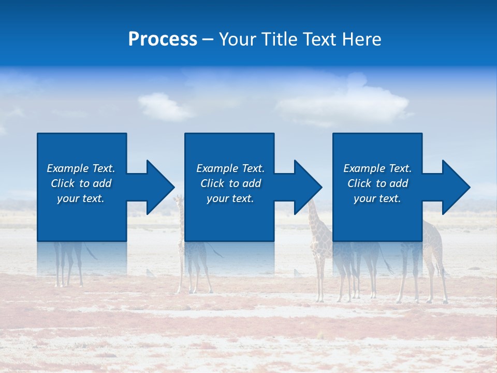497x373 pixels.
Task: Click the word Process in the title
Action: click(163, 39)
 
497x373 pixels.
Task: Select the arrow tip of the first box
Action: click(168, 187)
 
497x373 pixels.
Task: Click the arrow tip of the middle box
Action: click(316, 187)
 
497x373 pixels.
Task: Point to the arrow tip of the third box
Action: click(464, 187)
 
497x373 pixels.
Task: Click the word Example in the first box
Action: click(67, 168)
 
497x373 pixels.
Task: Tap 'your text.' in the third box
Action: click(377, 198)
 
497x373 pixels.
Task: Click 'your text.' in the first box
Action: click(80, 198)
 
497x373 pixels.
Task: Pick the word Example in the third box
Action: click(364, 168)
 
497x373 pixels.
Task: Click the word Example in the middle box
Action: click(217, 168)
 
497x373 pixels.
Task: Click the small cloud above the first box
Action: click(164, 106)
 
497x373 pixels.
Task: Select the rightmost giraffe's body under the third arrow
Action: click(432, 238)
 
